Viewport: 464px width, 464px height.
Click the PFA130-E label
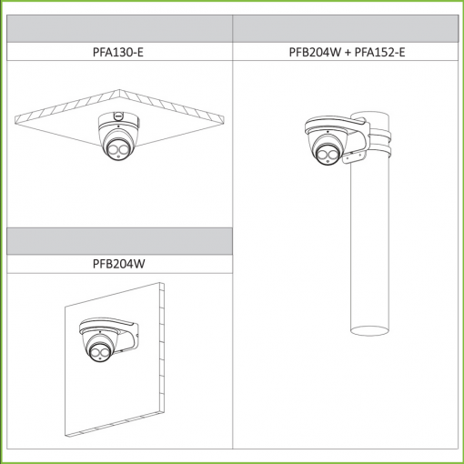(118, 52)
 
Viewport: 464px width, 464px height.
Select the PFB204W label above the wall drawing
(119, 264)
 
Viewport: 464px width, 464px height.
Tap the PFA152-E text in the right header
(379, 52)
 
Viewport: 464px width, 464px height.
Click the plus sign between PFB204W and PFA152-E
(348, 53)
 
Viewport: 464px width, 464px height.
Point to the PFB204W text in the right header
(315, 52)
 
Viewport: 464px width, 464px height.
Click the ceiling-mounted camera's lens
(117, 150)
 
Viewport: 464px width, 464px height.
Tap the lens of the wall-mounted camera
(99, 353)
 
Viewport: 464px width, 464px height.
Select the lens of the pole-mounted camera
(327, 155)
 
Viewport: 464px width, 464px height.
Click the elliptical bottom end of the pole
(369, 330)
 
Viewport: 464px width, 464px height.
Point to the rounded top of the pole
(369, 115)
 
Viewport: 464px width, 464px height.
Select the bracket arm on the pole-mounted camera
(357, 138)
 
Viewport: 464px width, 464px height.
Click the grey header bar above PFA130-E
(119, 29)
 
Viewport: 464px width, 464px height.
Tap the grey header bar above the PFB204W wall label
(119, 241)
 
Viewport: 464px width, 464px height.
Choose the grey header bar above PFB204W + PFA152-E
(346, 29)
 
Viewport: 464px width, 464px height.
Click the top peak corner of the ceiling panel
(119, 89)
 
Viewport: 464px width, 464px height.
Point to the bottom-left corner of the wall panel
(66, 436)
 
